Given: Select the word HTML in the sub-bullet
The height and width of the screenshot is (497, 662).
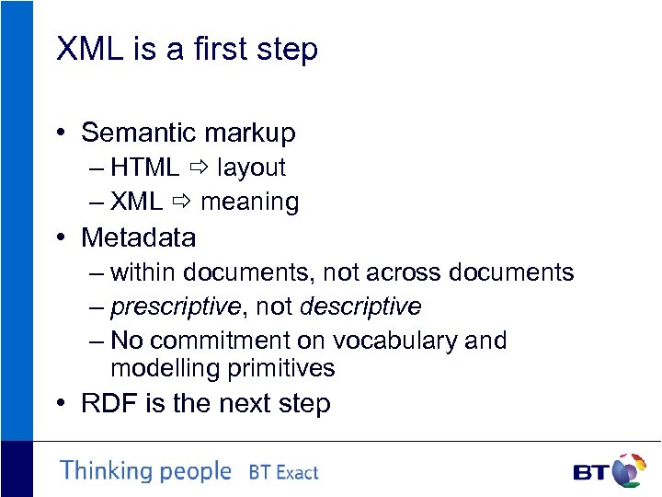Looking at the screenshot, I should [x=144, y=168].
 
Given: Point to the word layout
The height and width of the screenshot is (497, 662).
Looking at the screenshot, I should [x=251, y=168].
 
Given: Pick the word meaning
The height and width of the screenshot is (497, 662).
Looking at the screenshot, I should [x=249, y=202].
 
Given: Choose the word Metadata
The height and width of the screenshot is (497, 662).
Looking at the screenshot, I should [x=138, y=237].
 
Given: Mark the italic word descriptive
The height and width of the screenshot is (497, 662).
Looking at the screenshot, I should [x=360, y=306].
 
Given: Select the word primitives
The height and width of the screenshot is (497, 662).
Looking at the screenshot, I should [x=281, y=368].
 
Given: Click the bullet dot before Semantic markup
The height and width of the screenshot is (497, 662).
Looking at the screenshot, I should [x=60, y=133].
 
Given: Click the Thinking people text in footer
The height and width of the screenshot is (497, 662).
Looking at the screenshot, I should [x=145, y=471].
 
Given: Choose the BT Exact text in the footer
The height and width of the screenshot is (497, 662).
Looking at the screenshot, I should [x=283, y=473].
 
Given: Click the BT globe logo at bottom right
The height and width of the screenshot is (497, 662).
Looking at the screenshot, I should [x=629, y=470].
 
